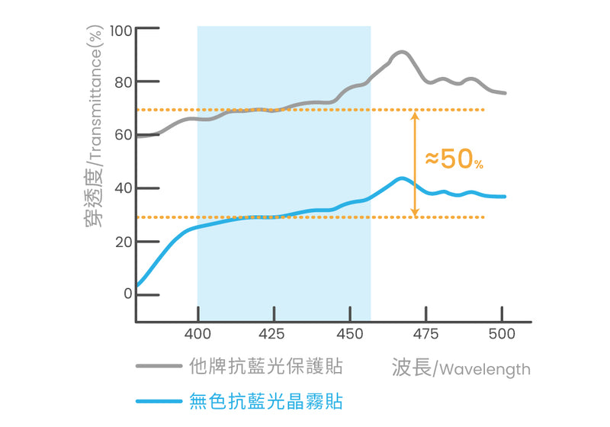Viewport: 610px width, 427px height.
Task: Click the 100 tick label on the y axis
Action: [121, 30]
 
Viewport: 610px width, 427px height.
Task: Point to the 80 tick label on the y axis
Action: [124, 82]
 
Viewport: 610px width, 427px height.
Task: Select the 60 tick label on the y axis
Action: [124, 136]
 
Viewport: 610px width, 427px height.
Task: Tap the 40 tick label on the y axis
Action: [124, 188]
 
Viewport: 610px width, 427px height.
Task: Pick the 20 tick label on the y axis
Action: [124, 242]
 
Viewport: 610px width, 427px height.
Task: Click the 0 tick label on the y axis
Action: [128, 294]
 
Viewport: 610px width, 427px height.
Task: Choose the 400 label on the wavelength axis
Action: [197, 334]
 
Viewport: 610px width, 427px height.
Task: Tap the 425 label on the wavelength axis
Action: [272, 334]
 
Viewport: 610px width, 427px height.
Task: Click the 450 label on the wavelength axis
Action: [349, 334]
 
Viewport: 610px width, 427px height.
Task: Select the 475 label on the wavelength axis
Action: [425, 334]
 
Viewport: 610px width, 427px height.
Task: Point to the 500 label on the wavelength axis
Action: [501, 334]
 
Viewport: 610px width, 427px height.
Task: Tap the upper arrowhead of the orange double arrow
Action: [414, 116]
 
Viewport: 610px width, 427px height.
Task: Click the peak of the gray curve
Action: [401, 52]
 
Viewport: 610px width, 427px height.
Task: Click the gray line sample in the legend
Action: [159, 367]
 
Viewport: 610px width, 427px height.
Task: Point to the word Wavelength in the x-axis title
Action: [485, 370]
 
